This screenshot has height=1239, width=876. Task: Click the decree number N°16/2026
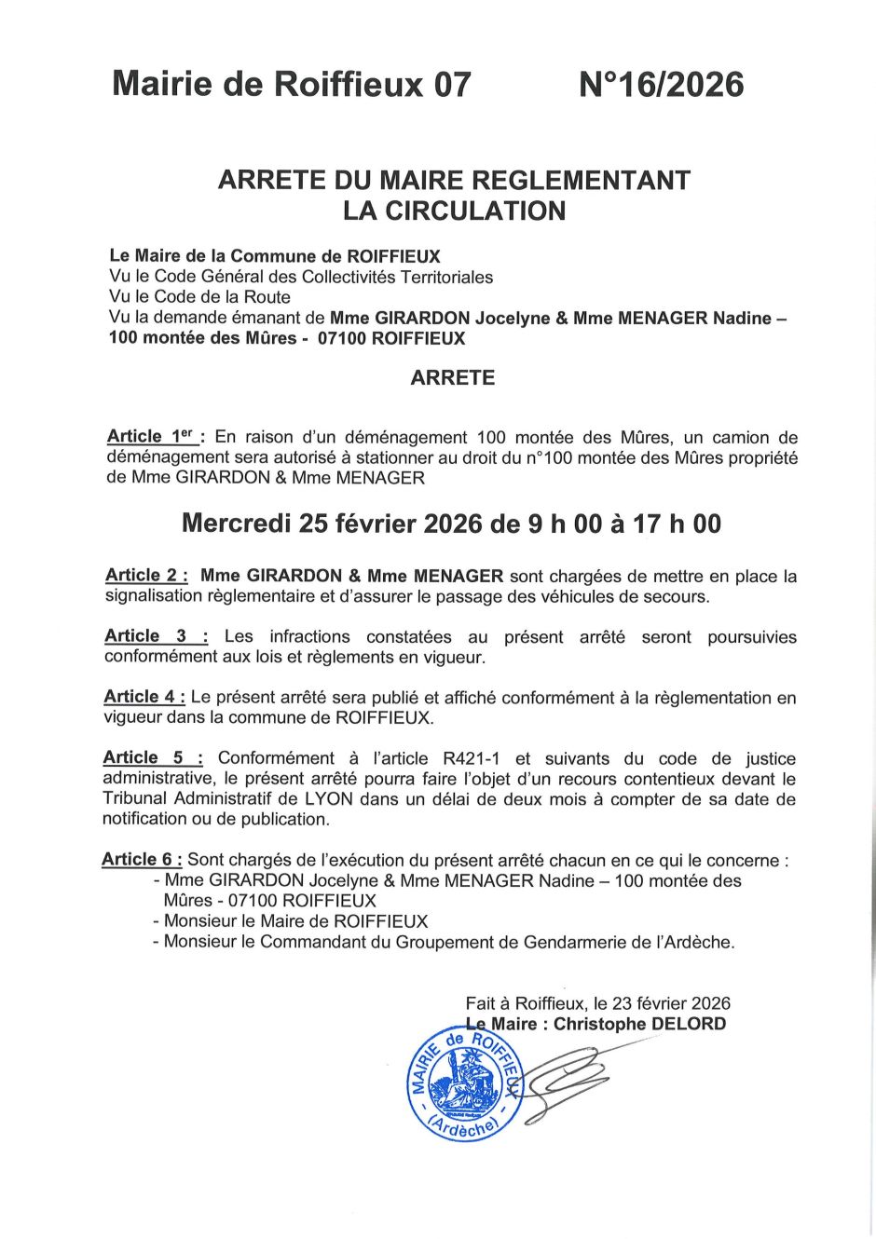pos(661,85)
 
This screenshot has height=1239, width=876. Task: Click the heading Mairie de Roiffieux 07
pos(292,85)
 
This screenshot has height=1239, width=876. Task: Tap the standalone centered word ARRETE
pos(453,377)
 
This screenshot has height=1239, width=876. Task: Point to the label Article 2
pos(146,576)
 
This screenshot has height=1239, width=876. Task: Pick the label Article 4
pos(144,697)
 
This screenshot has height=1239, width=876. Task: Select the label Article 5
pos(153,758)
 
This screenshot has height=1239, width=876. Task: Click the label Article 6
pos(142,860)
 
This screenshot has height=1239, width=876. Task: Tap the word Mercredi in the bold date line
pos(237,524)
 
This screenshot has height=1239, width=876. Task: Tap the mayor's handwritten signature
pos(568,1076)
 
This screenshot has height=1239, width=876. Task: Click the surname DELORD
pos(687,1024)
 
